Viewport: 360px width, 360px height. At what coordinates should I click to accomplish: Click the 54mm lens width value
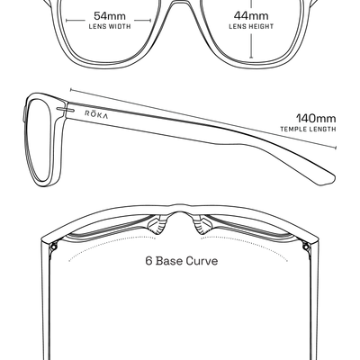coord(110,15)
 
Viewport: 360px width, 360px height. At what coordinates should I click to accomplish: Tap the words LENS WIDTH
coord(110,27)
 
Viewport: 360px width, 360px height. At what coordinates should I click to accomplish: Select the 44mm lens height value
coord(251,15)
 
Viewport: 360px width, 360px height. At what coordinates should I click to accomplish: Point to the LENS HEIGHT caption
coord(251,27)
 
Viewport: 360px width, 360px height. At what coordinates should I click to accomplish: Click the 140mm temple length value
coord(316,119)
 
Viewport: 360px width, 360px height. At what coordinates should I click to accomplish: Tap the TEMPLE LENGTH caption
coord(308,130)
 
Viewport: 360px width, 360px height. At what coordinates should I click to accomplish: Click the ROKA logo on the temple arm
coord(96,114)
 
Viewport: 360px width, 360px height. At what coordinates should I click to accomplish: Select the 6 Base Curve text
coord(182,261)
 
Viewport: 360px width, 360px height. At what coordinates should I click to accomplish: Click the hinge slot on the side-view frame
coord(65,109)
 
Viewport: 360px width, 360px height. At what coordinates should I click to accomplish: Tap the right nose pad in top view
coord(203,226)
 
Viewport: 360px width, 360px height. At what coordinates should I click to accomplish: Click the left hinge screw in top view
coord(54,247)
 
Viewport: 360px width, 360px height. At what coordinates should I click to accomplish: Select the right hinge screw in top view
coord(306,247)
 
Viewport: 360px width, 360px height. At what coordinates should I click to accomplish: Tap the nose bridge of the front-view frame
coord(180,5)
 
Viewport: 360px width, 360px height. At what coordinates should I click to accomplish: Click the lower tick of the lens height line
coord(251,58)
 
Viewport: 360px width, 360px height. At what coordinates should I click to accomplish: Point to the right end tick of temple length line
coord(336,148)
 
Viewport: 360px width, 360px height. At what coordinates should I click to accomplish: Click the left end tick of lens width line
coord(67,21)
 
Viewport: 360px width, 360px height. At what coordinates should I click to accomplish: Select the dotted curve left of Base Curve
coord(112,246)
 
